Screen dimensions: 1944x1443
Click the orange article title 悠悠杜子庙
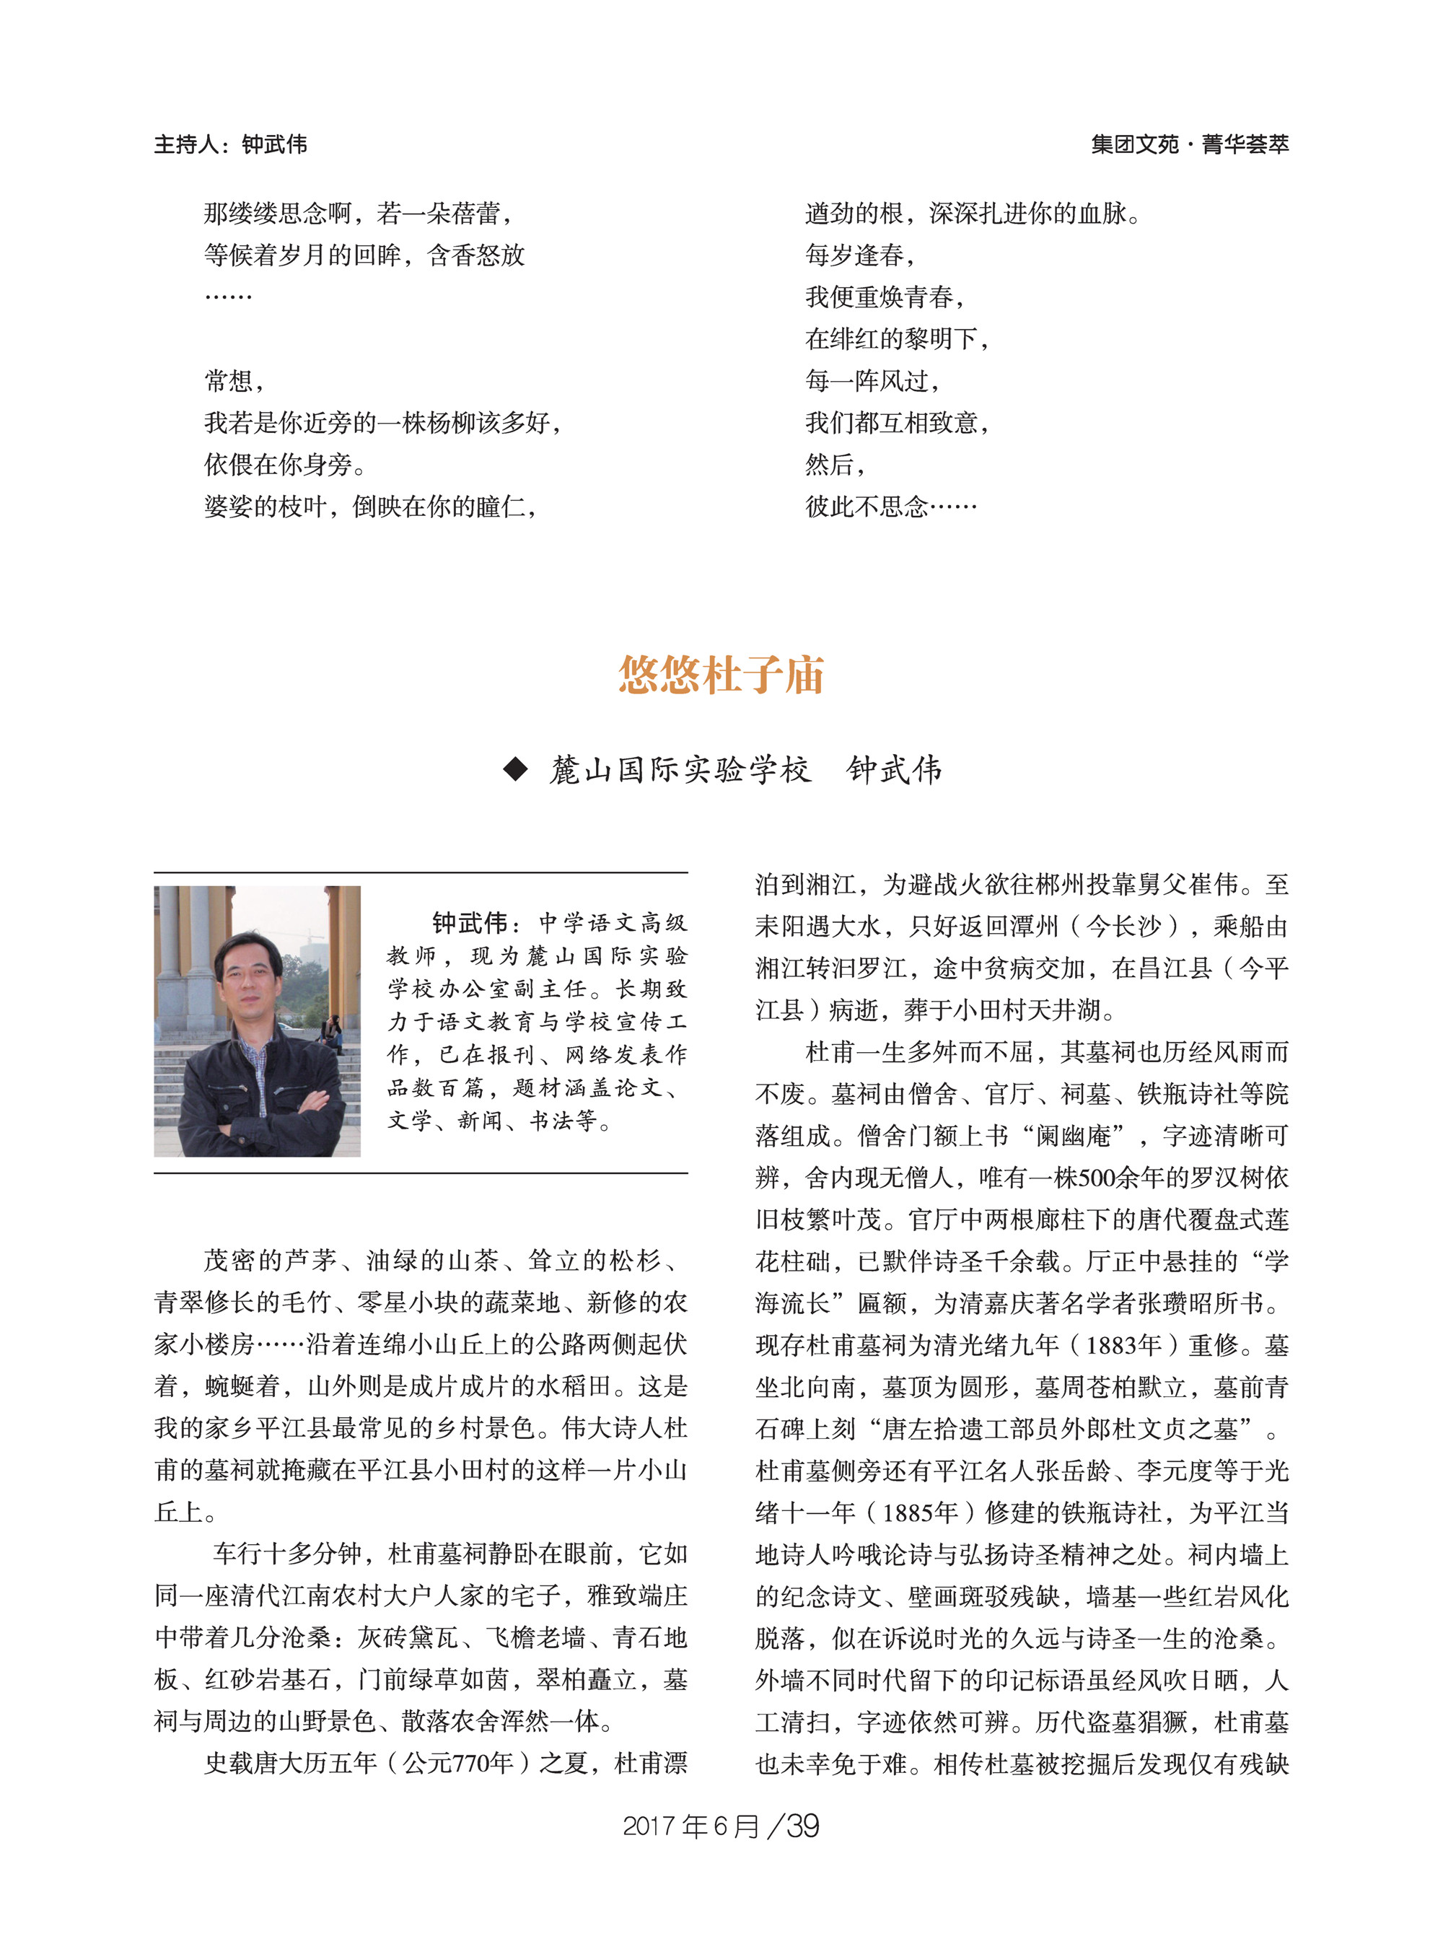(721, 675)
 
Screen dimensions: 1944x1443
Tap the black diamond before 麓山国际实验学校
(515, 769)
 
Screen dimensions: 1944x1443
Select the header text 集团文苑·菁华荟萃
(1189, 144)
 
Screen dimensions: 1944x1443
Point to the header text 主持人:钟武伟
(231, 144)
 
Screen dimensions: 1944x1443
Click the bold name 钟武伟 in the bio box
(470, 923)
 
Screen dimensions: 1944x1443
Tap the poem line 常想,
(234, 381)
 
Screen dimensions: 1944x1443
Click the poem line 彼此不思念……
(890, 507)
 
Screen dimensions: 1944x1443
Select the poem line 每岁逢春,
(859, 255)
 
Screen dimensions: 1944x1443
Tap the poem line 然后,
(834, 465)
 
